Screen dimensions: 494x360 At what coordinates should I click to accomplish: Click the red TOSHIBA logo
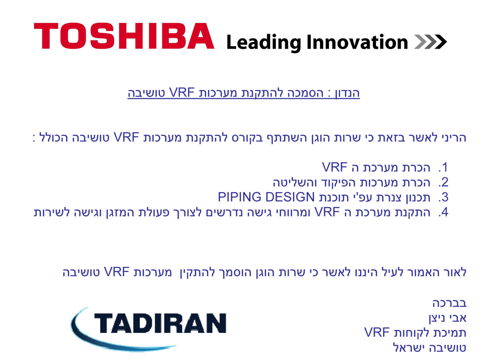(x=124, y=36)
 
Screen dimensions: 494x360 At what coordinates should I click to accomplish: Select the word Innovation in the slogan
(x=357, y=42)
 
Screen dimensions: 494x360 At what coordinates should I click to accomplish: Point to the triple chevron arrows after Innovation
(x=430, y=42)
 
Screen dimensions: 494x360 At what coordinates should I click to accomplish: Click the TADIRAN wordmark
(x=160, y=323)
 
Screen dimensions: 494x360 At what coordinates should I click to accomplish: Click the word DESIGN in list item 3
(x=290, y=197)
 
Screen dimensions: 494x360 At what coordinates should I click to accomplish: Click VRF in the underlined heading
(x=181, y=92)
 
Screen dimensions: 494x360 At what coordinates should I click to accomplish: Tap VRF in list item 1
(x=335, y=167)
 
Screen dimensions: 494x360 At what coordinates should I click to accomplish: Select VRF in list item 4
(x=327, y=212)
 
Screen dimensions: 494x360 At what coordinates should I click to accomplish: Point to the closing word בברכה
(x=449, y=303)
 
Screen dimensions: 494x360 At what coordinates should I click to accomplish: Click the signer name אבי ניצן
(x=447, y=318)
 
